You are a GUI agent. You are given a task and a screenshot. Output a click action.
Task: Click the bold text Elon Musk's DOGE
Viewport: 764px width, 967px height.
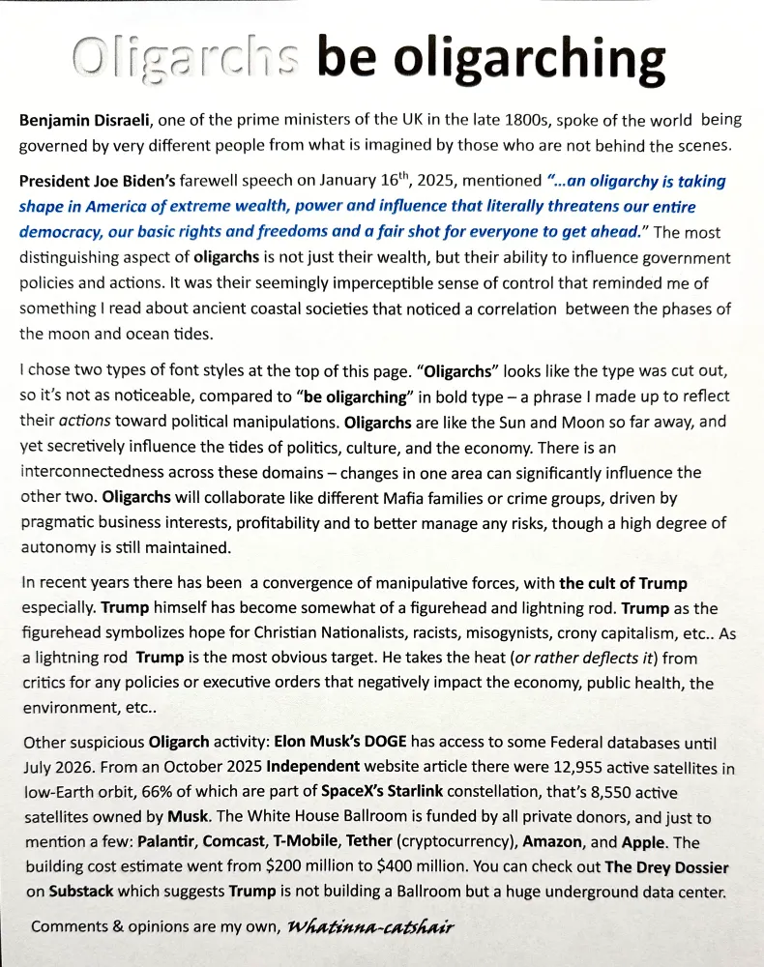click(x=343, y=745)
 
